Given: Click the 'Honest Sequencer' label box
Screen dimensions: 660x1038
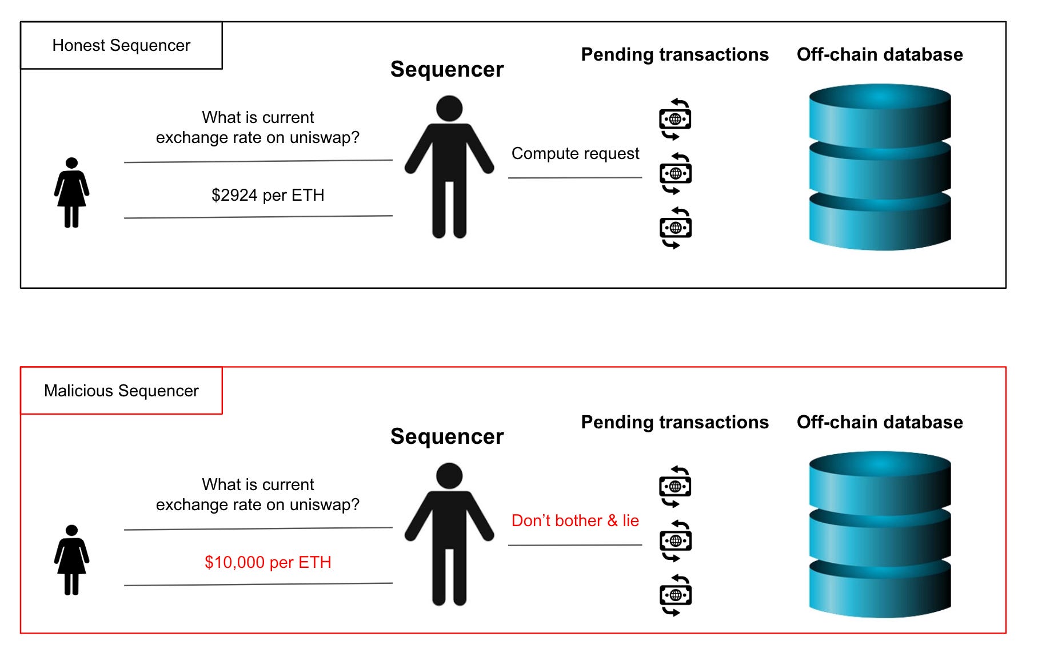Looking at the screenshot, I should (121, 46).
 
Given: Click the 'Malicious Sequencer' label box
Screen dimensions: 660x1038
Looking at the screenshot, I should (121, 391).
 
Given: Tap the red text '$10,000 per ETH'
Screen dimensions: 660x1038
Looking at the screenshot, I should (268, 562).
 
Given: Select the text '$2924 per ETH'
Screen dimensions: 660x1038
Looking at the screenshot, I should (268, 195).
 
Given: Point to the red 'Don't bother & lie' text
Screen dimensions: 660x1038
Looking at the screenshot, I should (575, 520).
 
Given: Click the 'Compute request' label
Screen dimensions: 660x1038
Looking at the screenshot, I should (575, 153).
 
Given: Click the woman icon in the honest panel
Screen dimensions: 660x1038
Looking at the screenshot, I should (71, 193).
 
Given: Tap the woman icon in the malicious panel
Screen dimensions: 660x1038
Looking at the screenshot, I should (71, 560).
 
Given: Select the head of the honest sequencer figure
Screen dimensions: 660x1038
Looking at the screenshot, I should (449, 109).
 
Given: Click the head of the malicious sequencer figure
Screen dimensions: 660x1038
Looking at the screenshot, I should (449, 476).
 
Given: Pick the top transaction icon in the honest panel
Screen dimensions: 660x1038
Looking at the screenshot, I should (675, 119).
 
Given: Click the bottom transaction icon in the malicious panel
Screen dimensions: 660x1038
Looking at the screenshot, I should (675, 595).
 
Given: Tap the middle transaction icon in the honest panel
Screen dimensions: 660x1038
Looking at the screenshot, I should (675, 173).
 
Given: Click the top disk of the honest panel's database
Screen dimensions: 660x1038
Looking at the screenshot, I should (880, 112).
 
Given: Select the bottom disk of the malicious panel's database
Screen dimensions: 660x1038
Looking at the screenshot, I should (880, 589).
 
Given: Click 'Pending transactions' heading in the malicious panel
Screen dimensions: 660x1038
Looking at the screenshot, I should (674, 422).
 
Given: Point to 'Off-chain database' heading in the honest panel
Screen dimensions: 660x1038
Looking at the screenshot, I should (880, 54).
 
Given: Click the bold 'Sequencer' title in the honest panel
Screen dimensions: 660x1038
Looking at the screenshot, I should (447, 69).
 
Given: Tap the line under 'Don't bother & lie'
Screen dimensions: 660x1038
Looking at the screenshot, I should (575, 545).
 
